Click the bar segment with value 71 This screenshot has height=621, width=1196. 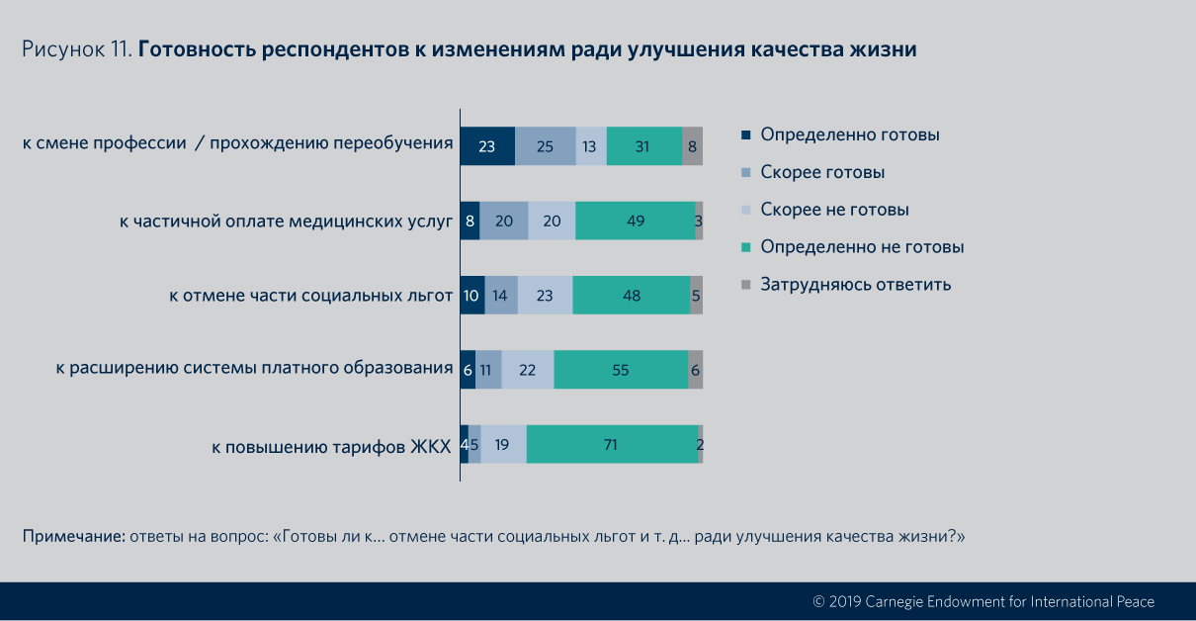pyautogui.click(x=612, y=445)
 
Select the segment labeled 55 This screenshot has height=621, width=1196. pyautogui.click(x=621, y=370)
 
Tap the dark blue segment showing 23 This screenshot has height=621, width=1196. pyautogui.click(x=487, y=145)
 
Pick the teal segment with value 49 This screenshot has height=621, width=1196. pyautogui.click(x=635, y=221)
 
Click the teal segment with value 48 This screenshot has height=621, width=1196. pyautogui.click(x=631, y=295)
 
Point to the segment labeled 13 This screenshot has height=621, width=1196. pyautogui.click(x=591, y=145)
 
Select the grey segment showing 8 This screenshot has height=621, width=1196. pyautogui.click(x=692, y=145)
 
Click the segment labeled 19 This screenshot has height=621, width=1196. pyautogui.click(x=503, y=445)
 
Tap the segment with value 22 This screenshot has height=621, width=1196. pyautogui.click(x=528, y=370)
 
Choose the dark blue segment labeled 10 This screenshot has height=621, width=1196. pyautogui.click(x=472, y=295)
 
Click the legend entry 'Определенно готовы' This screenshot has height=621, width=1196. pyautogui.click(x=849, y=134)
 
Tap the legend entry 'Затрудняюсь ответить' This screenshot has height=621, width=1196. pyautogui.click(x=855, y=285)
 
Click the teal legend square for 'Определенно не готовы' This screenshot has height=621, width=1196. pyautogui.click(x=746, y=247)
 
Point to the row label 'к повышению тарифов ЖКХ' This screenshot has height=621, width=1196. pyautogui.click(x=331, y=447)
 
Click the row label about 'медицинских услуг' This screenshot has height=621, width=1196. pyautogui.click(x=286, y=222)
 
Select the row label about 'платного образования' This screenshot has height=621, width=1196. pyautogui.click(x=254, y=370)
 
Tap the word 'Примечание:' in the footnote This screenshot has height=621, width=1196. pyautogui.click(x=73, y=537)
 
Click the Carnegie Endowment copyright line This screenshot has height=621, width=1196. pyautogui.click(x=982, y=601)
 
